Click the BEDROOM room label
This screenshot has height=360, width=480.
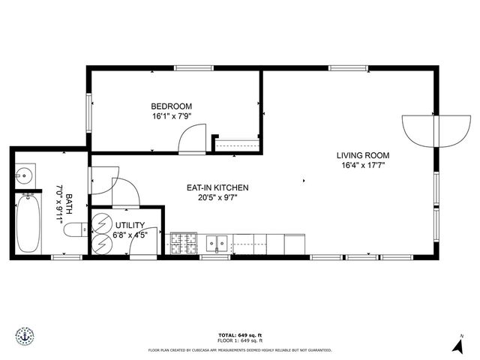click(172, 106)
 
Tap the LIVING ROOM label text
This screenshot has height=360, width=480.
click(363, 156)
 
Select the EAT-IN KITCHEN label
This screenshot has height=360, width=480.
click(217, 187)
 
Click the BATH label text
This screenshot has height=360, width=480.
click(69, 201)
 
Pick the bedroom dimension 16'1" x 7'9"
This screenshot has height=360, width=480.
click(172, 117)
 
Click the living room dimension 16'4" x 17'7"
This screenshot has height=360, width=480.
click(363, 166)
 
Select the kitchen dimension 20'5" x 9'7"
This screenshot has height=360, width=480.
click(217, 198)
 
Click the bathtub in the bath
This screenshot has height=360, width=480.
click(28, 223)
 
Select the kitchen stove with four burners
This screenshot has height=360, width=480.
click(182, 244)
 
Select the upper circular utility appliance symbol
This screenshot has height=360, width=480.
click(100, 223)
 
